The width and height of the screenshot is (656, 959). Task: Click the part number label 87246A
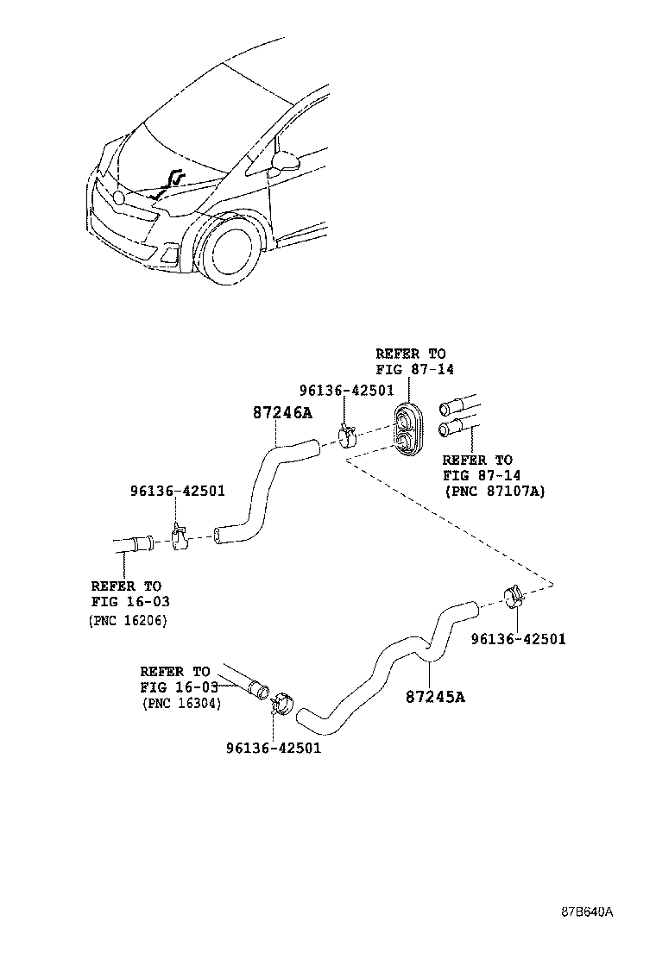coord(282,413)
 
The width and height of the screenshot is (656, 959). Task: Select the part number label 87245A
coord(435,697)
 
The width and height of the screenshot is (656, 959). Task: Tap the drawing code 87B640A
coord(588,912)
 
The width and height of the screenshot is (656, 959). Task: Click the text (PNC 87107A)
coord(495,491)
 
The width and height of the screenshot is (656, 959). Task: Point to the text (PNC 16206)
coord(128,620)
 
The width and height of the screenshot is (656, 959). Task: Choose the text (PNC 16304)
coord(182,704)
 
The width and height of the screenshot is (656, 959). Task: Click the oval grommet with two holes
coord(407,429)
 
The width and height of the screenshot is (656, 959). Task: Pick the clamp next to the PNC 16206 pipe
coord(178,536)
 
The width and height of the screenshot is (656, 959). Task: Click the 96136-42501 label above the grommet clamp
coord(346,390)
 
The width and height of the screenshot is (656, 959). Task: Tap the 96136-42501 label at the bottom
coord(274,748)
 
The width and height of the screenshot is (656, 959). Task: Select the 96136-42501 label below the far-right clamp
coord(518,639)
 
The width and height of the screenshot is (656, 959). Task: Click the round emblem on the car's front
coord(119,197)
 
